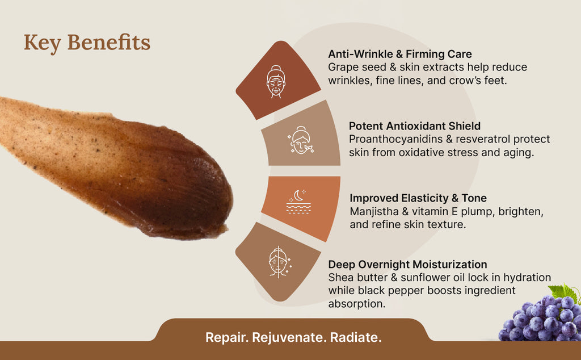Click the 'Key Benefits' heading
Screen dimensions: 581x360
(x=87, y=43)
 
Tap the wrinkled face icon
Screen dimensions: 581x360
(x=276, y=82)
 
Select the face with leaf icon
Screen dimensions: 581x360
(x=301, y=140)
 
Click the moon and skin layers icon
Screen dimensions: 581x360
(x=298, y=202)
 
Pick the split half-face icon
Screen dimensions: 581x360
(x=280, y=262)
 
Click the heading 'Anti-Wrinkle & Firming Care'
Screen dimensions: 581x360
(x=400, y=54)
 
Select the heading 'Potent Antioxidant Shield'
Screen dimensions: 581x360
(x=415, y=126)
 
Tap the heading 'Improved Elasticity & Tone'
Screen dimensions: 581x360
(x=418, y=198)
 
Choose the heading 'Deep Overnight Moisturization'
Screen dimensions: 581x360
(x=407, y=265)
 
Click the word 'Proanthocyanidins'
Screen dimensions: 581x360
(x=395, y=140)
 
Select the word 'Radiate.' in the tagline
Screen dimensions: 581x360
(x=356, y=337)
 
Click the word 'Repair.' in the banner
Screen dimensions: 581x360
(x=227, y=337)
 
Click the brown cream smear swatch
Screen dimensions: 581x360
(x=115, y=167)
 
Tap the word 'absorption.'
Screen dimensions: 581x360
(x=356, y=304)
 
